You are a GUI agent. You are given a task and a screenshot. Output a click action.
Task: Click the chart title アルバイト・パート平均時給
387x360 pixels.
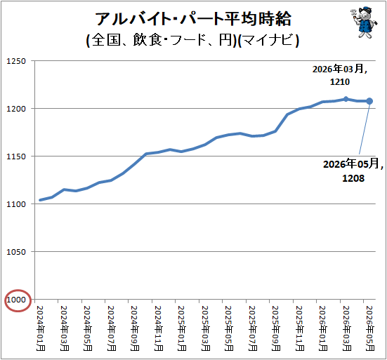(193, 19)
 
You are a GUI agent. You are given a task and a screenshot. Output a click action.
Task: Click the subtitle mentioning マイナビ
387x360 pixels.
(192, 40)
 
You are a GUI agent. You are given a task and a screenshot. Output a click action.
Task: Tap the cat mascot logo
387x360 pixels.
(364, 22)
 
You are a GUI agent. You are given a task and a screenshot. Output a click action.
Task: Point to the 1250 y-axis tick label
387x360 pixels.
(16, 61)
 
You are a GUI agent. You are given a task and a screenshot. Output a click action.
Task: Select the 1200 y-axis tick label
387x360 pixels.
(16, 109)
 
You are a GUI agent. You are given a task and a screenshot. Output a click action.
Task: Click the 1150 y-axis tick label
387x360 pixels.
(16, 156)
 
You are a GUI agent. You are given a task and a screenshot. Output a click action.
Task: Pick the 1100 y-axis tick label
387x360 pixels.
(16, 204)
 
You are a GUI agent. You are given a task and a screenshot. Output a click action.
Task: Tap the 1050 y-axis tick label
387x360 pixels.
(16, 252)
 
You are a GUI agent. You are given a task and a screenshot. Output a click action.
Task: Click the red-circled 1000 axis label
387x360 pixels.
(16, 300)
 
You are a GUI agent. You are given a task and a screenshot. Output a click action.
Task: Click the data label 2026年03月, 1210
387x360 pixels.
(340, 75)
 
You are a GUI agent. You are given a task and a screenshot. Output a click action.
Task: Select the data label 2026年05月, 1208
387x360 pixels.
(353, 171)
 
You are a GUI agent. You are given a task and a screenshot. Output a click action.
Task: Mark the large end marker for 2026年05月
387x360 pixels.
(369, 101)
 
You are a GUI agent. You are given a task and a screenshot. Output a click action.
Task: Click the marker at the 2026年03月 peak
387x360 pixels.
(346, 99)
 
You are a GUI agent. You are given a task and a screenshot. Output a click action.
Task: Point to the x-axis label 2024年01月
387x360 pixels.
(41, 328)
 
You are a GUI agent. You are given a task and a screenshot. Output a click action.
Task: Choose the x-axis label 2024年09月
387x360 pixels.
(135, 328)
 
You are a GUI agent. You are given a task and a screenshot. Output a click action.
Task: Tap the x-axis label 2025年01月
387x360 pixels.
(182, 328)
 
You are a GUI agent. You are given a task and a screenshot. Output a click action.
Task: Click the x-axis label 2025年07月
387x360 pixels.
(252, 328)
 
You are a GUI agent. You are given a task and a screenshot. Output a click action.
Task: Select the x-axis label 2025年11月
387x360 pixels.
(299, 328)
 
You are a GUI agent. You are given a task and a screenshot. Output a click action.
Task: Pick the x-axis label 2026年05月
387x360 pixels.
(369, 328)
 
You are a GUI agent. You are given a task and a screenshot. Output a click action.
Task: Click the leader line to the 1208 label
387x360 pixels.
(365, 128)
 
